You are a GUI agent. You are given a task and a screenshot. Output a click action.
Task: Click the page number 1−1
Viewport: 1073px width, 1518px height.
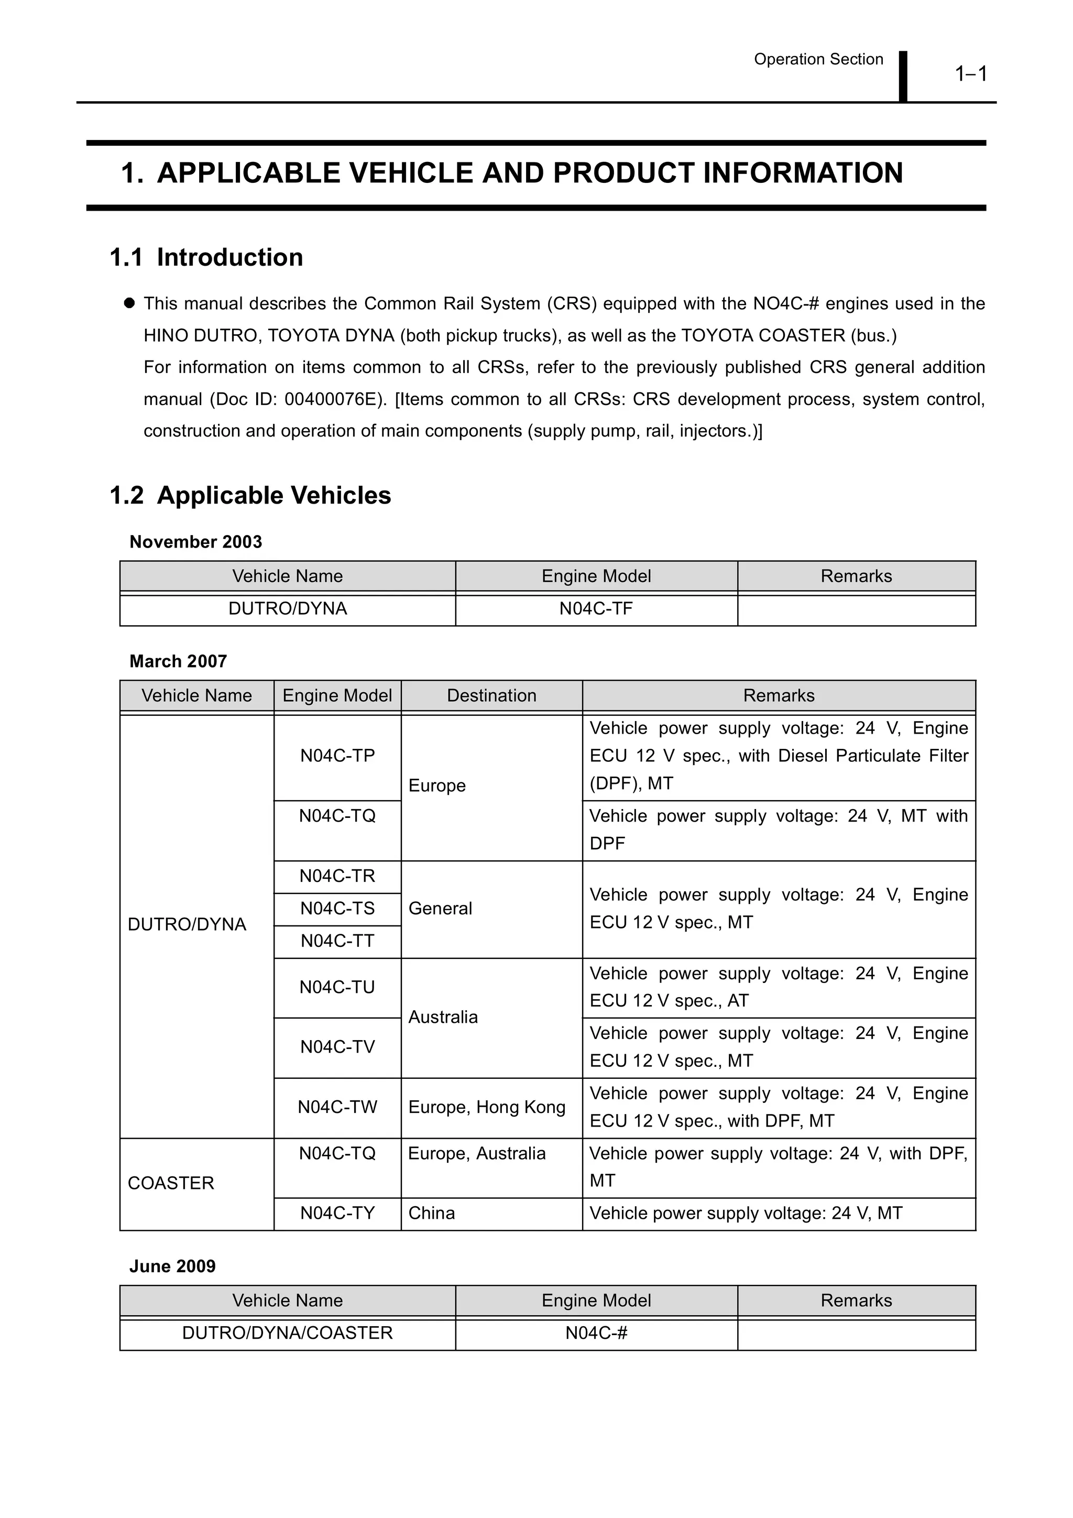point(970,73)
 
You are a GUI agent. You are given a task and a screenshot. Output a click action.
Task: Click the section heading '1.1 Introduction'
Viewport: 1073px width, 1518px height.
point(206,257)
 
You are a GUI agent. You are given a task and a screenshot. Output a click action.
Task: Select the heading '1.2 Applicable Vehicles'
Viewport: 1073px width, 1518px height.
point(250,495)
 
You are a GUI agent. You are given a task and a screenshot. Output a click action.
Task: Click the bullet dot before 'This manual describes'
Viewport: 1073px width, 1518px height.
point(129,303)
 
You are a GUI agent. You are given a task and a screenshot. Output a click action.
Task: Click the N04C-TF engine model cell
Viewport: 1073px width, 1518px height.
point(596,608)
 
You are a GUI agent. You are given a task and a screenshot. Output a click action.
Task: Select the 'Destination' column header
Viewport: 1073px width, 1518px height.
point(491,695)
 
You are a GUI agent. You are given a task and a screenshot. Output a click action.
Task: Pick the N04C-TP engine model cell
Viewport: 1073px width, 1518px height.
point(337,755)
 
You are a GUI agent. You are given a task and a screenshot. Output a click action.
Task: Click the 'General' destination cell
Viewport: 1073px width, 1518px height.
point(440,909)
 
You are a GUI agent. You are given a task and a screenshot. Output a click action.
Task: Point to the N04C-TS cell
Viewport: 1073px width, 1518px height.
point(337,909)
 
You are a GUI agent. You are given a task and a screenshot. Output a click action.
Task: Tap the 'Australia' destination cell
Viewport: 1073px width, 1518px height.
point(443,1017)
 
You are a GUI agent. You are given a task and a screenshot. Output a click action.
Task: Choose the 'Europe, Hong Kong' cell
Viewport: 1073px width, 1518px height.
point(487,1107)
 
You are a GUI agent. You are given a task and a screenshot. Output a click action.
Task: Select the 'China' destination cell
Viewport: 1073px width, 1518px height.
point(432,1213)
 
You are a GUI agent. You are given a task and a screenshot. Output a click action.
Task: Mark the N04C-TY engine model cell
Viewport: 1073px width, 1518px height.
point(337,1213)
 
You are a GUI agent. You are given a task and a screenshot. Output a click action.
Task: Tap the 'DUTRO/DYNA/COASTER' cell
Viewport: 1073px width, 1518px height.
point(288,1333)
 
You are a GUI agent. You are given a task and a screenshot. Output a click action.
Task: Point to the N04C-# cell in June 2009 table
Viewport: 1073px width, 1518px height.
point(596,1333)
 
